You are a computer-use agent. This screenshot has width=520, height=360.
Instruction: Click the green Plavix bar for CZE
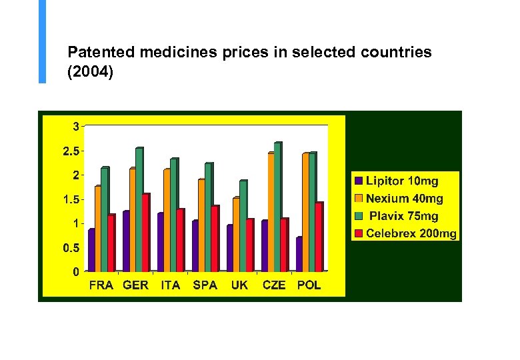pyautogui.click(x=277, y=207)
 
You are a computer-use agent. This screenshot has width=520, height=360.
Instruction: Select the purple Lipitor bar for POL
pyautogui.click(x=299, y=254)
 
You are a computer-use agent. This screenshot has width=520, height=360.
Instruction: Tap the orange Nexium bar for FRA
pyautogui.click(x=98, y=228)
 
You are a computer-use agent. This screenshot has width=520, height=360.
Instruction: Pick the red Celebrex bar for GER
pyautogui.click(x=145, y=233)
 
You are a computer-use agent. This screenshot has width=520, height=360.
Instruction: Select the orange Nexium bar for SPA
pyautogui.click(x=201, y=225)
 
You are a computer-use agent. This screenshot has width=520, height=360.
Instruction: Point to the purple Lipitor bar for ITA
pyautogui.click(x=160, y=242)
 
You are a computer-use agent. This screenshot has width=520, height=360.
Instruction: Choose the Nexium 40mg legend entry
pyautogui.click(x=404, y=198)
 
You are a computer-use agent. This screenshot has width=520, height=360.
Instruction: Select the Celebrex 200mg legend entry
pyautogui.click(x=411, y=233)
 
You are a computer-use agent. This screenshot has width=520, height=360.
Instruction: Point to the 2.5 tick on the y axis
pyautogui.click(x=71, y=151)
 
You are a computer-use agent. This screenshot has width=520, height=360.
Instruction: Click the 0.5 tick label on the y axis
pyautogui.click(x=71, y=248)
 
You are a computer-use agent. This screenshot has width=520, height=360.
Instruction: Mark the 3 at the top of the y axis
pyautogui.click(x=77, y=126)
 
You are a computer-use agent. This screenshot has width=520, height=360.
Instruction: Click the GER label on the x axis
pyautogui.click(x=135, y=285)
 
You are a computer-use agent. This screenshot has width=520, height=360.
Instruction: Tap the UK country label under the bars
pyautogui.click(x=239, y=285)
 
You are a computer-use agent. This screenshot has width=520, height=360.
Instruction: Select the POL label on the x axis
pyautogui.click(x=309, y=285)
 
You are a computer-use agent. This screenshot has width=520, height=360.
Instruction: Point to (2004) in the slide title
pyautogui.click(x=91, y=71)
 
